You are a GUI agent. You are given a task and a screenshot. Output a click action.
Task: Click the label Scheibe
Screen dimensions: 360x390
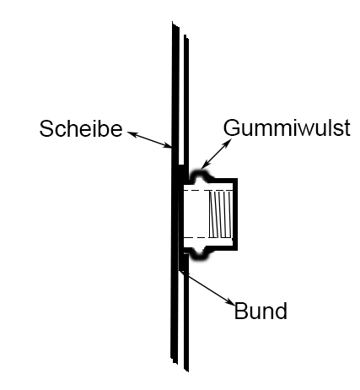point(81,129)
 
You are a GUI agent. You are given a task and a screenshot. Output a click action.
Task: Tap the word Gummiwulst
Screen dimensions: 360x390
point(287,128)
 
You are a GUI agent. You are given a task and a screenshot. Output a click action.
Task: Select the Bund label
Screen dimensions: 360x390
point(261,311)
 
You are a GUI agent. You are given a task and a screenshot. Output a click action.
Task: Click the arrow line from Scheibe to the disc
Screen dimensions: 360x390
point(149,139)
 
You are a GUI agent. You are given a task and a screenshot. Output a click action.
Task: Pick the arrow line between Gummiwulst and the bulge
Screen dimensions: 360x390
point(217,154)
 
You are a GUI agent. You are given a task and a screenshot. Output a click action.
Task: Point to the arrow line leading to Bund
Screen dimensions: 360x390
point(207,287)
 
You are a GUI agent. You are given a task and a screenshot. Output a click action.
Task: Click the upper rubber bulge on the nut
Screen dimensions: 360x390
point(200,176)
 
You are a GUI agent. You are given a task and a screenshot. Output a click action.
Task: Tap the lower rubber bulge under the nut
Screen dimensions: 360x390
point(200,253)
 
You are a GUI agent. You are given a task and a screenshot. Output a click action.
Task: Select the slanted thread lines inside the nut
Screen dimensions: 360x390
point(221,214)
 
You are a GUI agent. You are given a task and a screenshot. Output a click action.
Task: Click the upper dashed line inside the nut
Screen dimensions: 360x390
point(208,191)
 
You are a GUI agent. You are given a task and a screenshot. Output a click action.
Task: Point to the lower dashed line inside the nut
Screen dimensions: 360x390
point(208,237)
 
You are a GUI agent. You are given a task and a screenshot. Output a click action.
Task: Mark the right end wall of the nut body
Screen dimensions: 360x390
point(235,214)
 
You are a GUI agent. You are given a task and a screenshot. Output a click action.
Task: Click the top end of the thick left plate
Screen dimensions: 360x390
point(175,24)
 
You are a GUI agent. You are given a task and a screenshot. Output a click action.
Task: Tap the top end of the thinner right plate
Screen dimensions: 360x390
point(186,36)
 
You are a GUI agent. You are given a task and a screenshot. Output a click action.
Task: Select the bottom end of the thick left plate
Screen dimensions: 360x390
point(175,361)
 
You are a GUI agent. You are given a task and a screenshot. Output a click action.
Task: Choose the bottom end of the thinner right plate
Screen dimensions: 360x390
point(186,369)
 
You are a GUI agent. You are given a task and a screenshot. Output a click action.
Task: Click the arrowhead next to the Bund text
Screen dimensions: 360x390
point(231,302)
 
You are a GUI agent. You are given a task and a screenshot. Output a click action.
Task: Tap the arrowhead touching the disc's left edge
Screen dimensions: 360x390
point(168,146)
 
